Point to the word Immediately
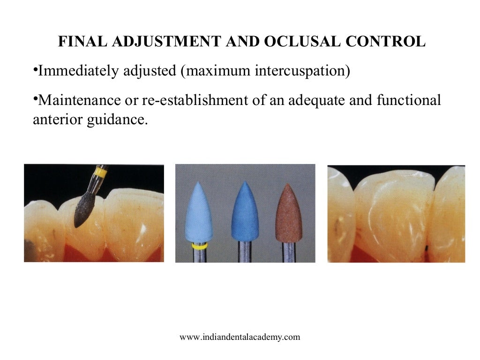pos(75,71)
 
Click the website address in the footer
pos(240,337)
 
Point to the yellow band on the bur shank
pos(99,173)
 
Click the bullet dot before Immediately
pos(35,70)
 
